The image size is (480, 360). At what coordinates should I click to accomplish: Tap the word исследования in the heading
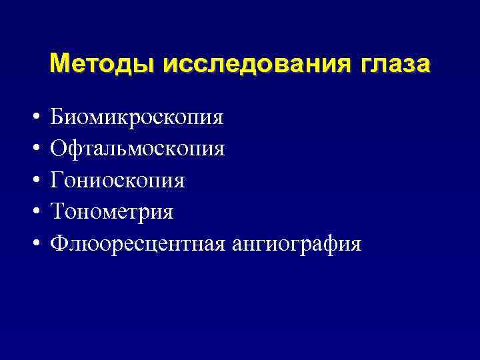click(259, 65)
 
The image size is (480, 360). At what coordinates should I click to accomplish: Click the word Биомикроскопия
click(137, 118)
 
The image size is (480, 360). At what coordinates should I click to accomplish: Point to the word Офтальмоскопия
click(138, 149)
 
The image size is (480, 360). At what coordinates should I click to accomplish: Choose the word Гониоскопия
click(118, 181)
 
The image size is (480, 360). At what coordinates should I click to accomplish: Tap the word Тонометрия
click(112, 212)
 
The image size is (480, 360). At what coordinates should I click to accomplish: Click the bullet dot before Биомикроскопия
click(33, 119)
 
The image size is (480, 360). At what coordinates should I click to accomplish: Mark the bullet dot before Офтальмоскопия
click(33, 150)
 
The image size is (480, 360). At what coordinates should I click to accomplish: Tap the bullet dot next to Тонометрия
click(33, 213)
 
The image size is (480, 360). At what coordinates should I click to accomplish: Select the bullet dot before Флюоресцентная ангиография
click(33, 244)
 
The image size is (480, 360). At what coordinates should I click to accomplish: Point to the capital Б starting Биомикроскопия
click(58, 117)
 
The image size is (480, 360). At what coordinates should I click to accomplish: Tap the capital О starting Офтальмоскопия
click(59, 149)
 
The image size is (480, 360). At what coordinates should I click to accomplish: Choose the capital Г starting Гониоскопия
click(58, 180)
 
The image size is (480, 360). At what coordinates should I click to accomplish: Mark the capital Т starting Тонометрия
click(58, 211)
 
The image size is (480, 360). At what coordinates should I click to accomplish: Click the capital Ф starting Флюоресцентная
click(60, 243)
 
